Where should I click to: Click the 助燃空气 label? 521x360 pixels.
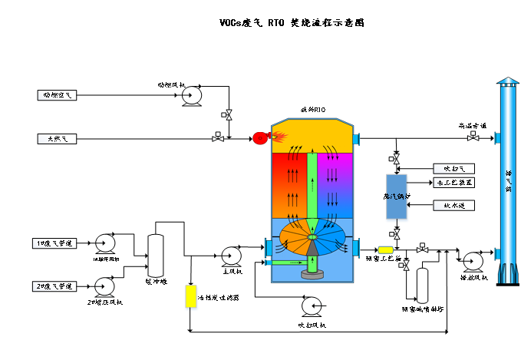(57, 95)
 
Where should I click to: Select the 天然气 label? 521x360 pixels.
(57, 139)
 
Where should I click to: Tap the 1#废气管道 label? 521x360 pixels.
(54, 243)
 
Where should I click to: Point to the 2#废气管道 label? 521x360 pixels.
(54, 286)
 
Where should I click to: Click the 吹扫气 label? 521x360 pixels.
(453, 169)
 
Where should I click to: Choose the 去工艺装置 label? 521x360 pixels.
(453, 183)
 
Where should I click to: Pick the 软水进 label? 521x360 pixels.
(453, 206)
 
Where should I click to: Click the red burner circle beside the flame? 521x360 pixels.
(260, 138)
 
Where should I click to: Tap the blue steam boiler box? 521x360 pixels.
(396, 198)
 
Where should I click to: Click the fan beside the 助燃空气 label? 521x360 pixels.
(191, 96)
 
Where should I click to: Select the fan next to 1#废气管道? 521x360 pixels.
(105, 243)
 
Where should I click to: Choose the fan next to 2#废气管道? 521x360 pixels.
(104, 287)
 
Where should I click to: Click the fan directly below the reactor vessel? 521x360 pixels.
(312, 306)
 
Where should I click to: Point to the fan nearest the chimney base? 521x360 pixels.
(473, 262)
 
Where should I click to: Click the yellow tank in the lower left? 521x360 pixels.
(191, 297)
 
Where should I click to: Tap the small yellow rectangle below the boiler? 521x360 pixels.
(385, 249)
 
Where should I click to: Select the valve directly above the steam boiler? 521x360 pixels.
(394, 160)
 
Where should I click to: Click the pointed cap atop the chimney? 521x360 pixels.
(508, 81)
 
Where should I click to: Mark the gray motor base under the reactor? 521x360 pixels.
(312, 274)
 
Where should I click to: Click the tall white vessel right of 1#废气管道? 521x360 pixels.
(156, 256)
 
